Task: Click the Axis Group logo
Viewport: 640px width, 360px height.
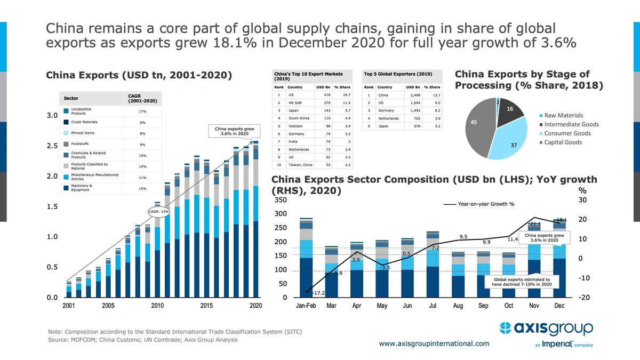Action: [x=546, y=327]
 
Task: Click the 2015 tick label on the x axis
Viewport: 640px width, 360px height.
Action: [x=206, y=306]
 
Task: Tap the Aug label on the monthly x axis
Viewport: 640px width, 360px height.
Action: [x=458, y=306]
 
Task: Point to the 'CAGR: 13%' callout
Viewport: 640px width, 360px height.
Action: [x=158, y=212]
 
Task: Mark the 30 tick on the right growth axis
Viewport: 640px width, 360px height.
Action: [x=583, y=200]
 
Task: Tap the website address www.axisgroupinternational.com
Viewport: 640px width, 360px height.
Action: [x=434, y=343]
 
